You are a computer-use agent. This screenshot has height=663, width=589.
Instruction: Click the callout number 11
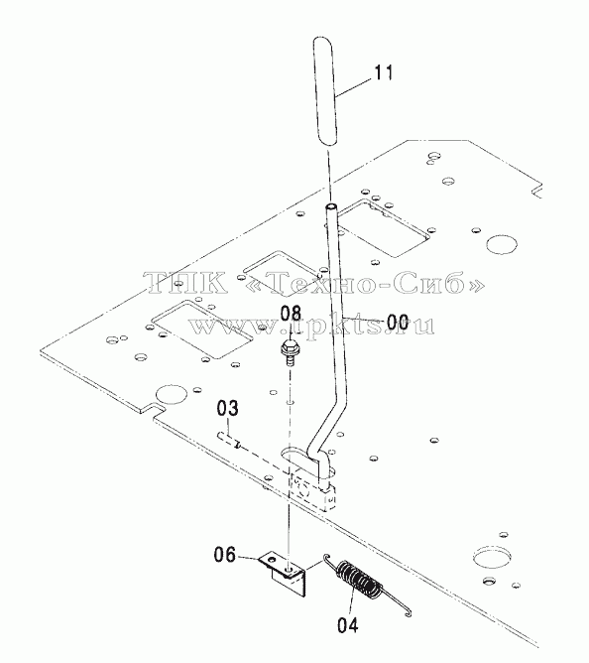pyautogui.click(x=383, y=72)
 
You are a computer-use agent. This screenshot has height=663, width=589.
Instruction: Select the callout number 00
pyautogui.click(x=398, y=323)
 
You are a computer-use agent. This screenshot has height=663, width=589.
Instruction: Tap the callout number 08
pyautogui.click(x=292, y=314)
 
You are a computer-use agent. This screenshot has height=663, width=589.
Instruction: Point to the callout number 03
pyautogui.click(x=228, y=409)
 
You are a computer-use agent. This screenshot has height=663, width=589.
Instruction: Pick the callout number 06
pyautogui.click(x=224, y=555)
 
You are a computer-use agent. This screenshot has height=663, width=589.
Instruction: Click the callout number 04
pyautogui.click(x=348, y=625)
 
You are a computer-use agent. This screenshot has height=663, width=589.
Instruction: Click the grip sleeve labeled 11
pyautogui.click(x=323, y=91)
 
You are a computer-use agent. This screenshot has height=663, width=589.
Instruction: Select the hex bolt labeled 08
pyautogui.click(x=289, y=352)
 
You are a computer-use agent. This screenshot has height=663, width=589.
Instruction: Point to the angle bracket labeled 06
pyautogui.click(x=283, y=573)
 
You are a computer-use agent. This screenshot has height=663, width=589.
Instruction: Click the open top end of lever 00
pyautogui.click(x=331, y=207)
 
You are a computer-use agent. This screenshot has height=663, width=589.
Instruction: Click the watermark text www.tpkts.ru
pyautogui.click(x=311, y=326)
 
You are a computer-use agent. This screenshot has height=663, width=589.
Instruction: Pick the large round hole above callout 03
pyautogui.click(x=172, y=394)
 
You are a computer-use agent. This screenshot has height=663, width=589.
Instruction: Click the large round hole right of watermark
pyautogui.click(x=502, y=245)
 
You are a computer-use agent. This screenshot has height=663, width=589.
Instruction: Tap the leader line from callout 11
pyautogui.click(x=354, y=88)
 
